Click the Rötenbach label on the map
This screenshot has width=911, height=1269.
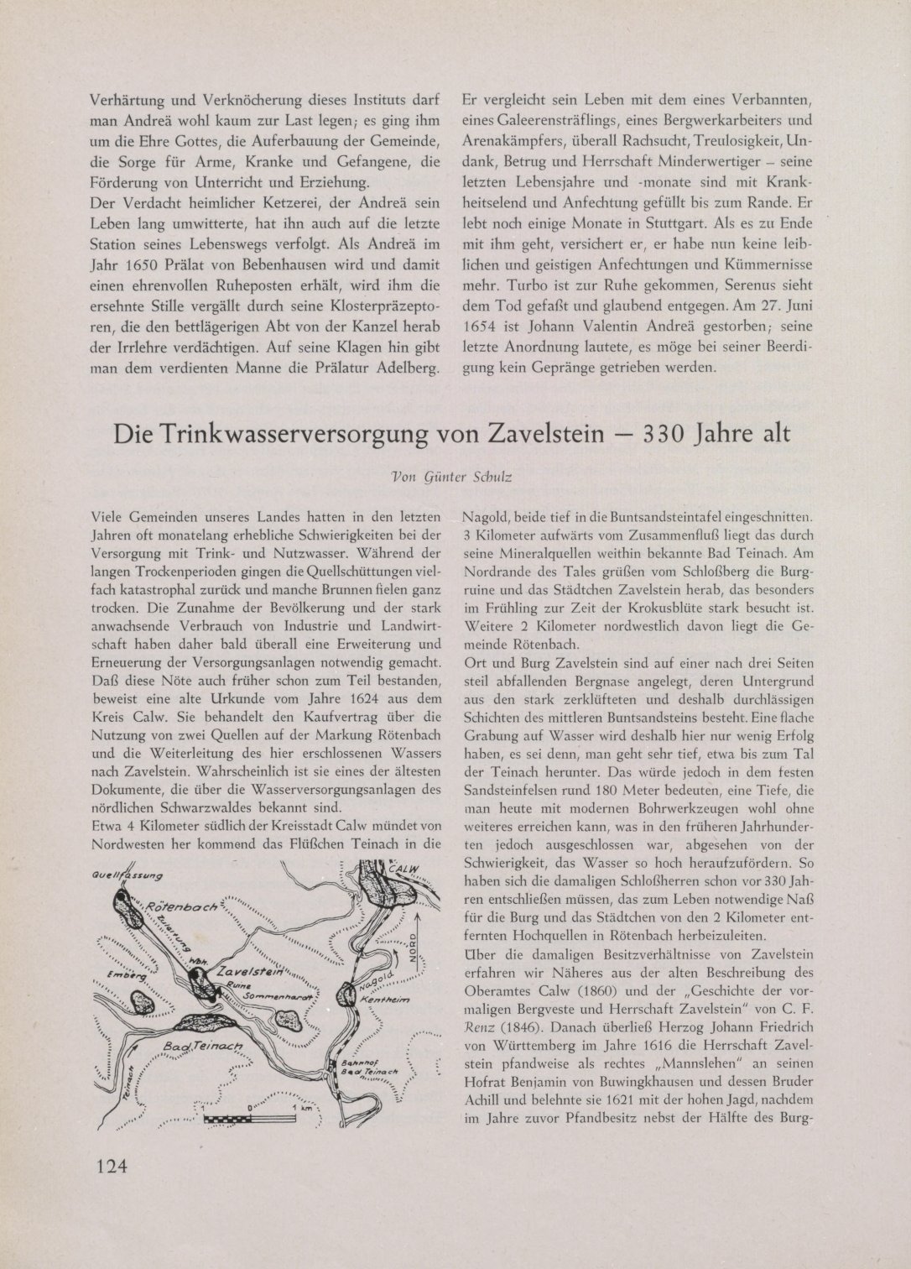point(181,908)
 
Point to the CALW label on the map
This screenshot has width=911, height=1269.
point(403,870)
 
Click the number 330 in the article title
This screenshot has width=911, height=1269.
point(669,434)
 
